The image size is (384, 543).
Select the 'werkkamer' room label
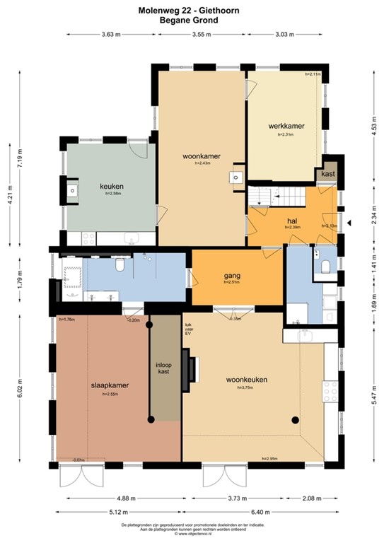(x=286, y=126)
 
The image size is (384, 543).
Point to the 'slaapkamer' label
(x=109, y=386)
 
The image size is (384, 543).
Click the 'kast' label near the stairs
(x=328, y=173)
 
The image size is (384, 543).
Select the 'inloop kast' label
(x=163, y=368)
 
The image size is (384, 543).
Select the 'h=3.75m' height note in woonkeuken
(x=247, y=390)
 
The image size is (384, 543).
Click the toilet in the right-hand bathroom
(x=325, y=266)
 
